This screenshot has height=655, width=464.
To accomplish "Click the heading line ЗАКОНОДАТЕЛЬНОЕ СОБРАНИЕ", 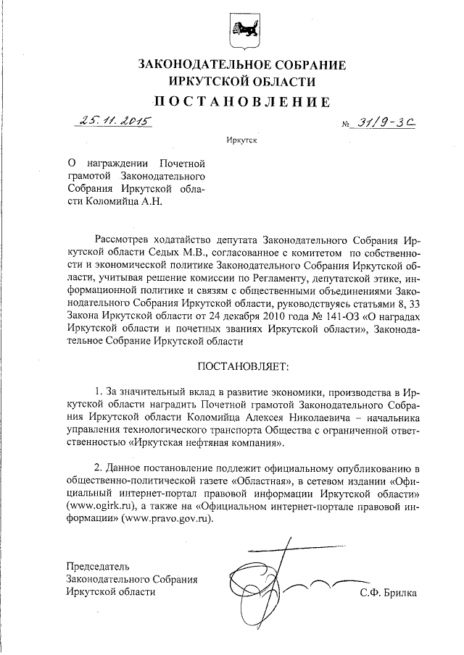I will coord(241,65).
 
